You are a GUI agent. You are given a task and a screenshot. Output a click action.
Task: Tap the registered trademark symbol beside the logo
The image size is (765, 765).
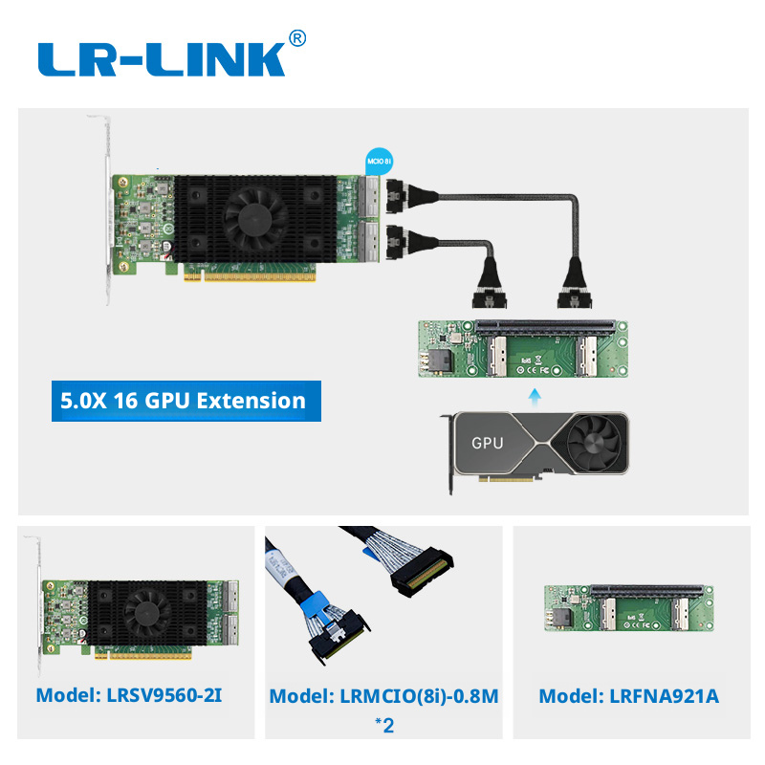[297, 38]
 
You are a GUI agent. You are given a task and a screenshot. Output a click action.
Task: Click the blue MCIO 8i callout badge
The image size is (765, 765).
[379, 162]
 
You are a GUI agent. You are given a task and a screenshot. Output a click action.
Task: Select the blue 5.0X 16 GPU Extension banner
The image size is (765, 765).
[186, 401]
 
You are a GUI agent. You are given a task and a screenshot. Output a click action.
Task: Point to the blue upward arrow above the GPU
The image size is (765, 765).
[535, 398]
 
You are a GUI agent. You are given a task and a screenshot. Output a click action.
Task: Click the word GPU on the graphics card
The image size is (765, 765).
[487, 443]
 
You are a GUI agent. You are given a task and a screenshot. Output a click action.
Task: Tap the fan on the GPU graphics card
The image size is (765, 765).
[596, 443]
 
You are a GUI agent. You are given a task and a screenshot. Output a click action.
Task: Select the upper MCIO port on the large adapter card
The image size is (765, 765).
[368, 197]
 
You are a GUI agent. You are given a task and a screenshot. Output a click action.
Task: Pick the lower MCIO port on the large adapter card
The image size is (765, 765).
[368, 243]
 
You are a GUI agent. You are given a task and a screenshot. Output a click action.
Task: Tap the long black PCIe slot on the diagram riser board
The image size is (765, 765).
[545, 325]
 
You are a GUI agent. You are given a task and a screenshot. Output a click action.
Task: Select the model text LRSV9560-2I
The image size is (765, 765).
[129, 695]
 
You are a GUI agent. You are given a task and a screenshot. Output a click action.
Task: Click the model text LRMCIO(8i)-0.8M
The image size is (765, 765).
[384, 696]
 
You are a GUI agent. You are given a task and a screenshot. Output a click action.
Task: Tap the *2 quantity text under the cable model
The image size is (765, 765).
[384, 725]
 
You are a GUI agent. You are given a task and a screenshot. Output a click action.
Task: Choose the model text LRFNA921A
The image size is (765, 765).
[629, 696]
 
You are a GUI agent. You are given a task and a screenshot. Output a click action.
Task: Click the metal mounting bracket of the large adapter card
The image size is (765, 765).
[108, 209]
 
